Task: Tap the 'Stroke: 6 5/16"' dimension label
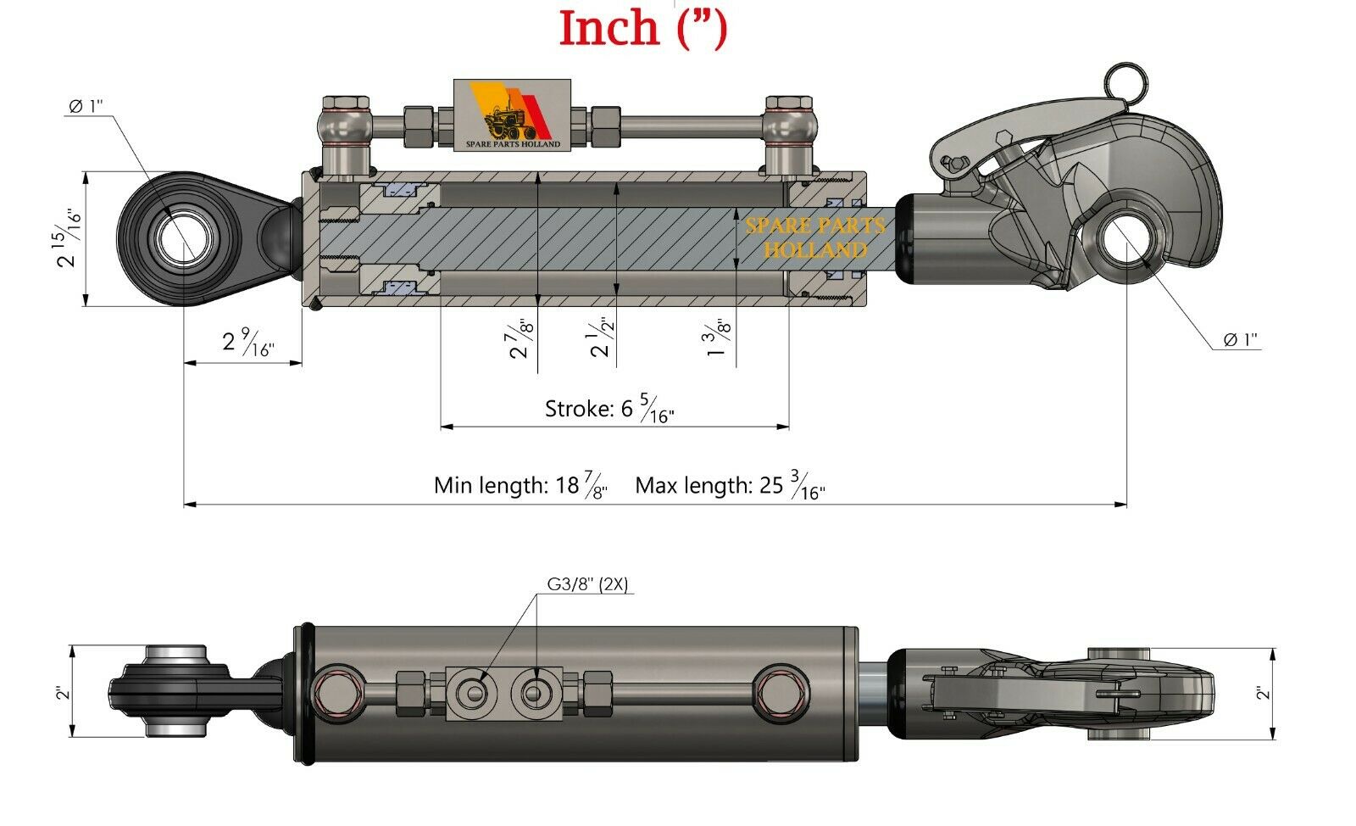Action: (x=609, y=410)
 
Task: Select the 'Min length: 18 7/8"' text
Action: (x=520, y=487)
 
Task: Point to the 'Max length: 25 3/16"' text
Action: (x=729, y=487)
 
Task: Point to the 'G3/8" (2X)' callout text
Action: (x=586, y=583)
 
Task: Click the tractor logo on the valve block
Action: (x=514, y=116)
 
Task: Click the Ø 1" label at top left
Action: (x=85, y=106)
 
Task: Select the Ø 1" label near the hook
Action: (x=1240, y=340)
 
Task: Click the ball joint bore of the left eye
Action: (x=181, y=238)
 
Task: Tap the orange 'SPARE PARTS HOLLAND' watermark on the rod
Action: (x=814, y=237)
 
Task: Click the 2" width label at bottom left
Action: (x=60, y=693)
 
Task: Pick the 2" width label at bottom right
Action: (x=1264, y=693)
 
